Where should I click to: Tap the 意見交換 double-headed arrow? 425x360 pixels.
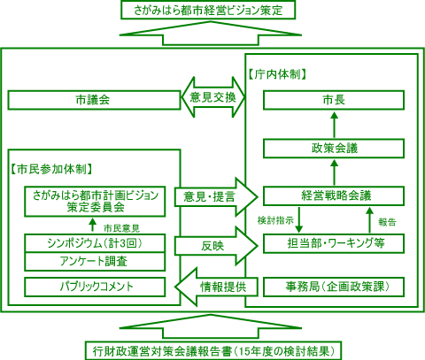point(212,97)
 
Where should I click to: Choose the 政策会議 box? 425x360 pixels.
point(334,147)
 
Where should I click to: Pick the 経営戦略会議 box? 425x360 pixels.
point(334,195)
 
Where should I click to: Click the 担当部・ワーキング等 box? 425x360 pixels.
point(334,242)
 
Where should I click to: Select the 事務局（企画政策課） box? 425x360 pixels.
point(334,287)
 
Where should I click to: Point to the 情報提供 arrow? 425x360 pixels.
point(213,287)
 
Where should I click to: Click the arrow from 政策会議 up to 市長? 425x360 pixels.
point(334,123)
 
